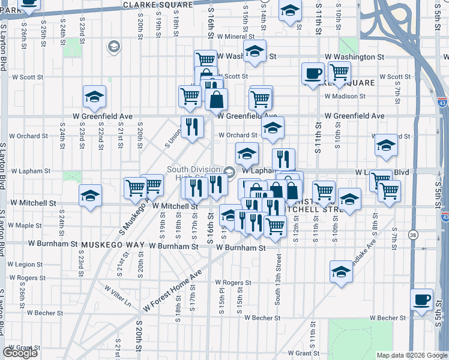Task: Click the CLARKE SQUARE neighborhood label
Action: tap(158, 4)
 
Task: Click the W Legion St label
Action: tap(25, 264)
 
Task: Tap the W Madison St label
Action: tap(346, 96)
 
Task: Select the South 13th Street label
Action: tap(278, 278)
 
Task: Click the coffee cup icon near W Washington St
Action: tap(313, 74)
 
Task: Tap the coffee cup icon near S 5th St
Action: tap(421, 299)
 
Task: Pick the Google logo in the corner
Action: tap(20, 353)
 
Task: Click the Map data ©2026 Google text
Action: tap(412, 355)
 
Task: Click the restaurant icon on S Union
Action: tap(192, 127)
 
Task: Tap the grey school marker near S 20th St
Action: tap(113, 46)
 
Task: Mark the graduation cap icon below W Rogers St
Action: tap(341, 271)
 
